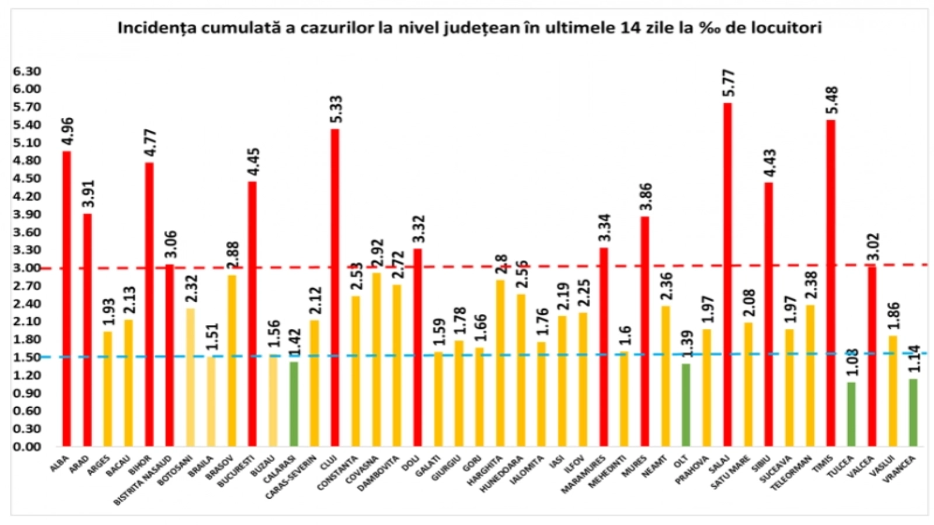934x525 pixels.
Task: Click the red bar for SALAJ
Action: coord(727,274)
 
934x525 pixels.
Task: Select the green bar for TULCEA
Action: coord(852,414)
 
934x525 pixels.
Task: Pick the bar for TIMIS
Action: coord(831,283)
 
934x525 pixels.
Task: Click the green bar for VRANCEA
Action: coord(913,412)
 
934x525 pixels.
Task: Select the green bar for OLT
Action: coord(686,405)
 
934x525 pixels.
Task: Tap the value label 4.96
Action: coord(67,132)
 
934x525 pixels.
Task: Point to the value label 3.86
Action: coord(646,197)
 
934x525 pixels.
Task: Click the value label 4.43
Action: coord(769,163)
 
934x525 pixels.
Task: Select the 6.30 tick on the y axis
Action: coord(27,71)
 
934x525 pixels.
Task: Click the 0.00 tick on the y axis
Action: coord(27,447)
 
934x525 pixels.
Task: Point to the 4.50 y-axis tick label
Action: coord(27,178)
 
